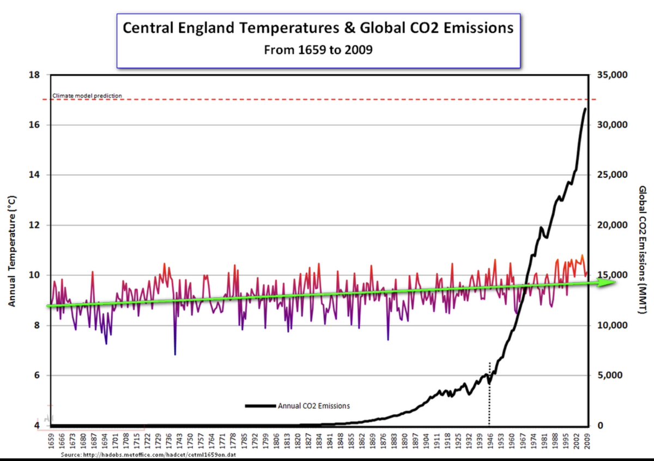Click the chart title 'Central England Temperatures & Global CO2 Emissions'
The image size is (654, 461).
[x=318, y=28]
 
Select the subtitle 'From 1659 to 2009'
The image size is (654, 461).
[x=318, y=50]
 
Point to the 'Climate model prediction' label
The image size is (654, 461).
[x=87, y=96]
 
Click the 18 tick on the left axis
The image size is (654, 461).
[x=34, y=75]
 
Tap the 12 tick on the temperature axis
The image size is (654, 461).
[x=34, y=225]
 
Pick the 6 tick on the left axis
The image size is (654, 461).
[x=35, y=375]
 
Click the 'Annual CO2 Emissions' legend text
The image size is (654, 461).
[x=313, y=406]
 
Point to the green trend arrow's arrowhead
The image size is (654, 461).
[x=610, y=282]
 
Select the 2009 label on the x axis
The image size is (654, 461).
[x=587, y=440]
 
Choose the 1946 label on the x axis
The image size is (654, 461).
[x=489, y=440]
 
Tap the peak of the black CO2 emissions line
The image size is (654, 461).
[x=585, y=109]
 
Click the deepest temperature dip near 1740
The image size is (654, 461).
[x=175, y=355]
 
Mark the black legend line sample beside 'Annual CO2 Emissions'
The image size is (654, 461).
[x=261, y=406]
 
